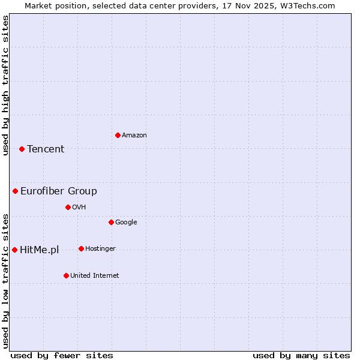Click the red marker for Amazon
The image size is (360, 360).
click(x=118, y=135)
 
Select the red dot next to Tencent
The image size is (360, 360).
click(x=22, y=149)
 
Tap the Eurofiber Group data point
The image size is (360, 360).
click(x=15, y=191)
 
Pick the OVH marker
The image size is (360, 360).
click(x=68, y=207)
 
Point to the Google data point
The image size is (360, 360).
click(x=111, y=222)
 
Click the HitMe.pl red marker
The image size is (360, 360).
click(x=14, y=250)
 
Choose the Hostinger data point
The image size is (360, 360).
click(x=81, y=248)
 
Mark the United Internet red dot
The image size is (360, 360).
click(x=66, y=275)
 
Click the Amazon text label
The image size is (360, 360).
click(x=134, y=136)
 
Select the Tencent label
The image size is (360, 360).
click(x=46, y=149)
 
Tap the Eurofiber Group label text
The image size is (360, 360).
click(x=59, y=191)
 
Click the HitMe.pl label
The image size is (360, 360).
click(x=40, y=250)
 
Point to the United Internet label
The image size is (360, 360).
click(x=95, y=276)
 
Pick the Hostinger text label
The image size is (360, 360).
click(x=101, y=249)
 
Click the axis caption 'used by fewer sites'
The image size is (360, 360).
click(x=62, y=355)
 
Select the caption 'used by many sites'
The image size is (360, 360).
click(x=301, y=355)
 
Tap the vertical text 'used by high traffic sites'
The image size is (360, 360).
click(x=5, y=85)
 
